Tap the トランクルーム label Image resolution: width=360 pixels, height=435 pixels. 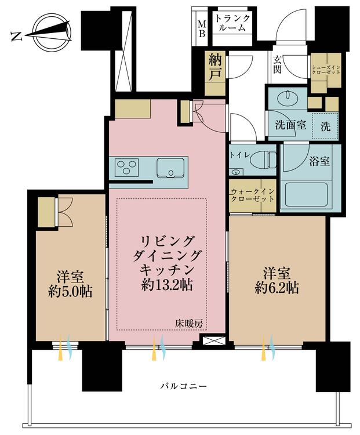pyautogui.click(x=232, y=23)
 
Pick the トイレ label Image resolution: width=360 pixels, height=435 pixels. pyautogui.click(x=239, y=155)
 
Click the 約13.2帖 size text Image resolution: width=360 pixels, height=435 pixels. pyautogui.click(x=166, y=285)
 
